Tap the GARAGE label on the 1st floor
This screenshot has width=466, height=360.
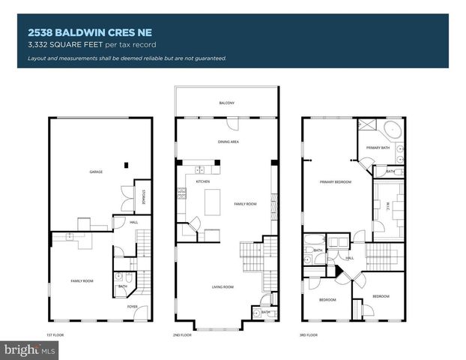[96, 172]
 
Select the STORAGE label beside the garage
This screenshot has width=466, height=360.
[144, 197]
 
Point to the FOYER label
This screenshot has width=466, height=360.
[132, 306]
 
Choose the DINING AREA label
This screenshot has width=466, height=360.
[228, 141]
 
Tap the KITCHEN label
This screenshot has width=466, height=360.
[202, 181]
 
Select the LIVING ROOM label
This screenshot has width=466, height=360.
[223, 286]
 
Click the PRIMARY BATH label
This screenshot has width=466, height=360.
[377, 148]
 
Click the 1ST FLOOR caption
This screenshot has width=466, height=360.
[54, 334]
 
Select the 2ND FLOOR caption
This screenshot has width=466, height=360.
[181, 334]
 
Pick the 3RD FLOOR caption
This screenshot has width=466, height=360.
[308, 334]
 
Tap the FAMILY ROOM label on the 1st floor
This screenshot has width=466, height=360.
[82, 280]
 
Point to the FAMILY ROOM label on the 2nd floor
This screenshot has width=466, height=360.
[244, 204]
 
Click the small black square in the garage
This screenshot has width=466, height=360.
[127, 164]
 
